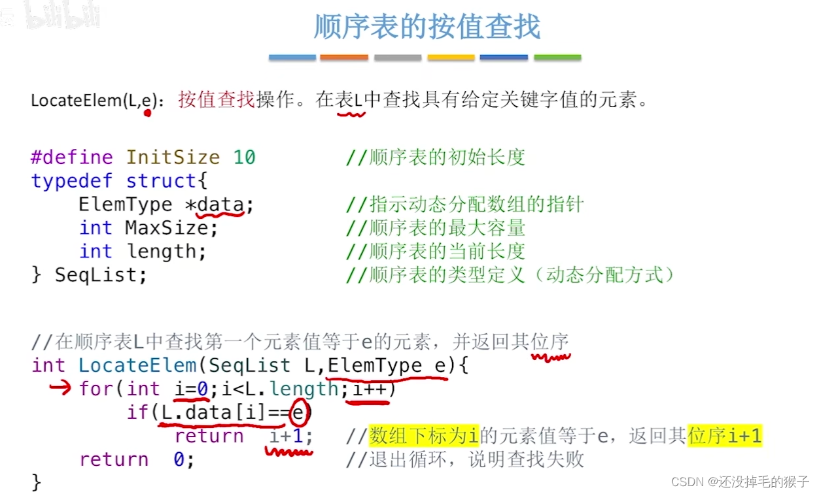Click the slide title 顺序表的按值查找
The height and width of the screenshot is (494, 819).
pyautogui.click(x=427, y=27)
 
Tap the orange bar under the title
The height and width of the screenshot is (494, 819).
pyautogui.click(x=343, y=58)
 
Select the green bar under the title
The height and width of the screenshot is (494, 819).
pyautogui.click(x=557, y=58)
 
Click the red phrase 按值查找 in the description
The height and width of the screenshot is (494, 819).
pyautogui.click(x=216, y=100)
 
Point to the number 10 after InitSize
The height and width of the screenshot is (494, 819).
pyautogui.click(x=244, y=157)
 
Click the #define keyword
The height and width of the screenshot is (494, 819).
pyautogui.click(x=72, y=157)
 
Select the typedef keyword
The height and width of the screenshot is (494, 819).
pyautogui.click(x=72, y=181)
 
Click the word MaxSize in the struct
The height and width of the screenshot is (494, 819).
pyautogui.click(x=171, y=228)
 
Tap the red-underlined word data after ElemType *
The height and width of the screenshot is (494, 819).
pyautogui.click(x=220, y=205)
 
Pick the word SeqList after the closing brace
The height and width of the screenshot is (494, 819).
pyautogui.click(x=101, y=275)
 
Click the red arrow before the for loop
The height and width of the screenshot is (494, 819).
pyautogui.click(x=60, y=388)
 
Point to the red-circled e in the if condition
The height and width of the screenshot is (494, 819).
pyautogui.click(x=298, y=412)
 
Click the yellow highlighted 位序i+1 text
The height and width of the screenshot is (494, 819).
pyautogui.click(x=725, y=436)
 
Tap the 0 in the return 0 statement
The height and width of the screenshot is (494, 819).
pyautogui.click(x=179, y=459)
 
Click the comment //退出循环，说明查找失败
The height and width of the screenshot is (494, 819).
pyautogui.click(x=464, y=459)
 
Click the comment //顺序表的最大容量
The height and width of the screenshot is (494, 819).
pyautogui.click(x=435, y=228)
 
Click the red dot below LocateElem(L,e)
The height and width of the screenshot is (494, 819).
pyautogui.click(x=147, y=113)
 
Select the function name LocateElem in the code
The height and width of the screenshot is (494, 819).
pyautogui.click(x=137, y=365)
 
